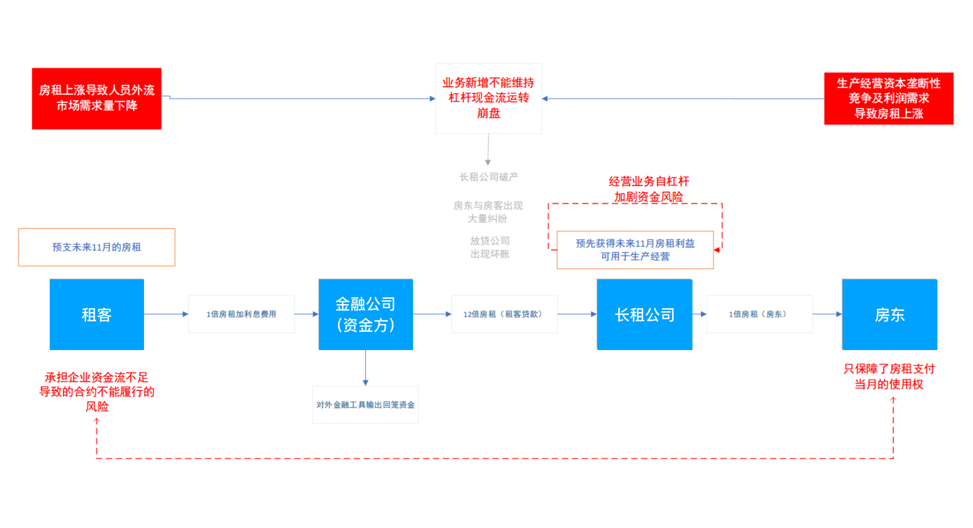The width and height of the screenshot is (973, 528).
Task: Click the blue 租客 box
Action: coord(96,315)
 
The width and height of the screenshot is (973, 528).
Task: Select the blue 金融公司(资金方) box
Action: coord(365,315)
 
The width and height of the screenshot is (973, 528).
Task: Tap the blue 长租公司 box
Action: coord(644,315)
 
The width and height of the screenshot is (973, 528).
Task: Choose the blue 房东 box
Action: coord(889,315)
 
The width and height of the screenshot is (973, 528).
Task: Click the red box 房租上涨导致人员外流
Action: coord(96,98)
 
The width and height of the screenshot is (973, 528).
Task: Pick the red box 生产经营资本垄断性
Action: coord(889,98)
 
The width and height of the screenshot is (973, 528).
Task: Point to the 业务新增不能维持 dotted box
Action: coord(488,98)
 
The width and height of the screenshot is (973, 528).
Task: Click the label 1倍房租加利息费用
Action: coord(241,314)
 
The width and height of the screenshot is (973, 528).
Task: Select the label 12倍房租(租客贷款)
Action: coord(504,314)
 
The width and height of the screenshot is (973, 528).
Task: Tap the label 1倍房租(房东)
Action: coord(759,314)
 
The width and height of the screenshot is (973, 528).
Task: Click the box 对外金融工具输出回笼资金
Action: coord(365,405)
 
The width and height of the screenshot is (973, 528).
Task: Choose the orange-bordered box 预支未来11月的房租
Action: coord(96,247)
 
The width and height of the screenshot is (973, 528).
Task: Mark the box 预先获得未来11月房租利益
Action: coord(635,250)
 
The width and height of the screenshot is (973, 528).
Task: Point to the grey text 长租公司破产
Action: coord(488,177)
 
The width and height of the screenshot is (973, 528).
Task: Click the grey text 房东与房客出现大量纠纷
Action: coord(488,212)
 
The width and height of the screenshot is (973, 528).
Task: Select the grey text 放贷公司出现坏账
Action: coord(489,247)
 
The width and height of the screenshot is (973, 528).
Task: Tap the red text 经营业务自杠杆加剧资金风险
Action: coord(648,189)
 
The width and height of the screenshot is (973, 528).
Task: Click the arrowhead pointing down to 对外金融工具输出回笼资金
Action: coord(365,382)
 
